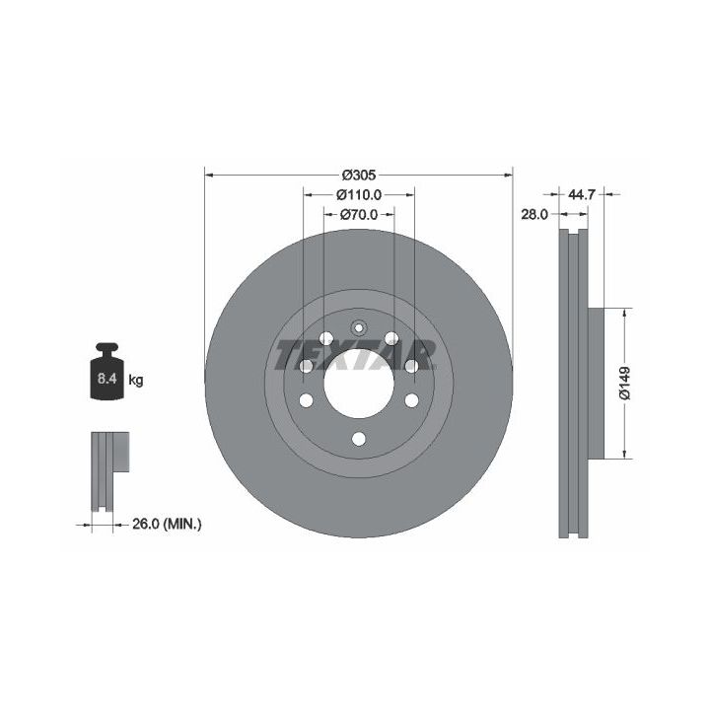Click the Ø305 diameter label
coord(359,175)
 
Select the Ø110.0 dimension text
coord(359,194)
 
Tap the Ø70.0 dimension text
coord(359,214)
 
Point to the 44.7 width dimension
coord(581,194)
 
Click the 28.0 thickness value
coord(534,214)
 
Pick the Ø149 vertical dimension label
coord(624,383)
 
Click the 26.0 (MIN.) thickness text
coord(167,525)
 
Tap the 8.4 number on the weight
coord(106,379)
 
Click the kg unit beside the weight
coord(136,380)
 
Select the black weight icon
coord(106,372)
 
